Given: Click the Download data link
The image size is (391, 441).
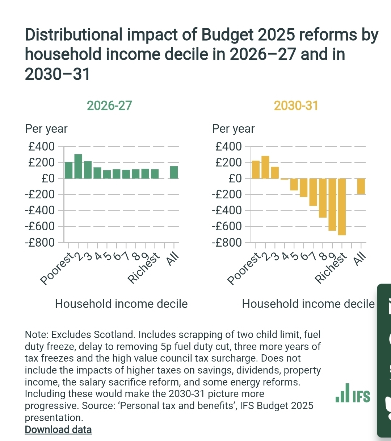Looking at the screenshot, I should [x=58, y=430].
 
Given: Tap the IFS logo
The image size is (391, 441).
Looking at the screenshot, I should [x=353, y=393].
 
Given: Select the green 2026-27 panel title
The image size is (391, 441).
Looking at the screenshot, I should [x=109, y=106].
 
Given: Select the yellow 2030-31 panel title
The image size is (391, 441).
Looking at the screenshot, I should [x=296, y=106].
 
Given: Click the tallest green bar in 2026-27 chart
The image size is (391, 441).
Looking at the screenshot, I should [x=78, y=166].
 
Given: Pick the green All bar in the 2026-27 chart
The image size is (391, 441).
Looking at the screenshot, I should [x=174, y=172].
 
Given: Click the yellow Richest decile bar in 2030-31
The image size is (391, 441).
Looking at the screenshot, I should [x=342, y=207].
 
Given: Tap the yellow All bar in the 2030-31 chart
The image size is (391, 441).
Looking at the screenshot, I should [x=361, y=186].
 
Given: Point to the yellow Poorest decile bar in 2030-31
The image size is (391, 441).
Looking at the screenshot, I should [x=256, y=169].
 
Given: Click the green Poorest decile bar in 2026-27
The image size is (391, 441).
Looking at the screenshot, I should [x=69, y=170].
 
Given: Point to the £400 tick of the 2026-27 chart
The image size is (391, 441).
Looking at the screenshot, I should [x=42, y=147].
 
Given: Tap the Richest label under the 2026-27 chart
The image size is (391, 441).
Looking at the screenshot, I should [x=144, y=268].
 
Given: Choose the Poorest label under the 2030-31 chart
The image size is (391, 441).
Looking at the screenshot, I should [x=244, y=269].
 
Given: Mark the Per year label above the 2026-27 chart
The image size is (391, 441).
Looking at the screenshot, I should [x=46, y=129].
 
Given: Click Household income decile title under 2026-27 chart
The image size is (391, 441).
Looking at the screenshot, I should [x=121, y=304].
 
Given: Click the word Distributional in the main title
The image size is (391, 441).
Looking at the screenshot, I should [x=74, y=35].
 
